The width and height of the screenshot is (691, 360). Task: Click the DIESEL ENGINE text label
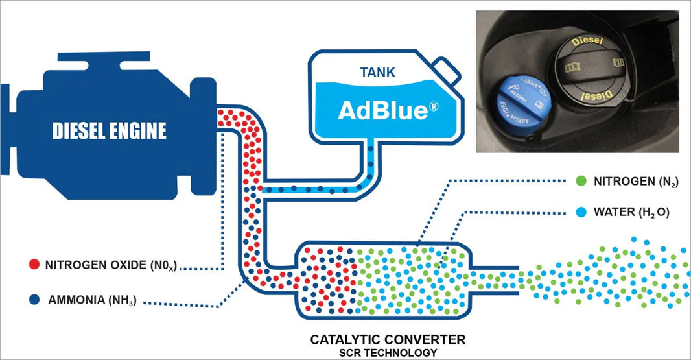click(x=109, y=132)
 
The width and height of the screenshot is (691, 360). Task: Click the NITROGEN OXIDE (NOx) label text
click(x=111, y=265)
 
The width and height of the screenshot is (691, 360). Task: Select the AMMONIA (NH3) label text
click(x=92, y=300)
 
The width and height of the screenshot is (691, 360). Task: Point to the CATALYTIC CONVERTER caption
click(x=388, y=339)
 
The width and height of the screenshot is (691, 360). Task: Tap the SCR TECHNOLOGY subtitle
click(x=388, y=352)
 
